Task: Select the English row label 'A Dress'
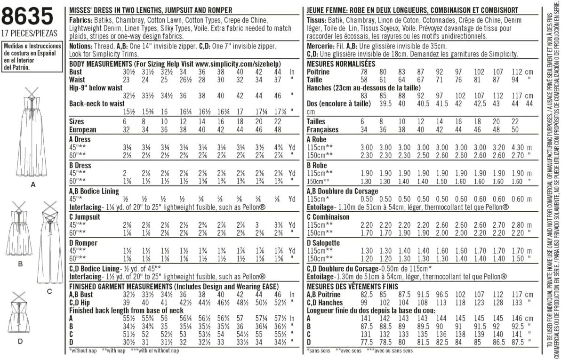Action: click(80, 139)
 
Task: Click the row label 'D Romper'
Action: click(83, 243)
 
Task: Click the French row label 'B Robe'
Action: click(317, 165)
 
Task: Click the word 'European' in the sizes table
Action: click(83, 129)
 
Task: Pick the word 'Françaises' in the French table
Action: click(322, 129)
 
